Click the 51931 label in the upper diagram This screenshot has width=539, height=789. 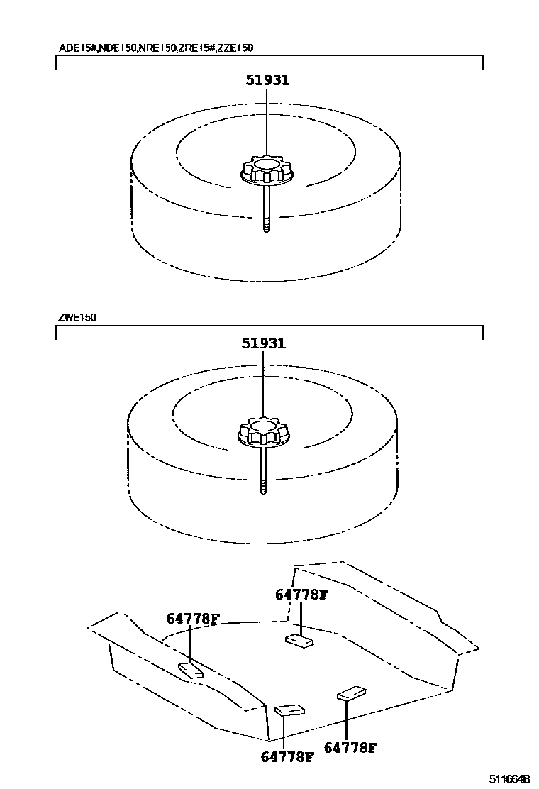[267, 80]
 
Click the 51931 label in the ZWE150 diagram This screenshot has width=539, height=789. [263, 343]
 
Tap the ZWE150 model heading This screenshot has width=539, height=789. [77, 317]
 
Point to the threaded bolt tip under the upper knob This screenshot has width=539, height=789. [267, 226]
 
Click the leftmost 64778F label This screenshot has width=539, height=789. [192, 619]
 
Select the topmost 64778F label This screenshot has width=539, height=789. [301, 595]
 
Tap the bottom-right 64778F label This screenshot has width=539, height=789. [350, 747]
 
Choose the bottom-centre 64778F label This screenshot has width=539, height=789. [287, 757]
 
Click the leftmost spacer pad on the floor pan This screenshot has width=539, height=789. [190, 670]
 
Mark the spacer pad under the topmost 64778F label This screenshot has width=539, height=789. [299, 641]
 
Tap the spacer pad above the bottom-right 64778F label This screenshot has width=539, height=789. [352, 693]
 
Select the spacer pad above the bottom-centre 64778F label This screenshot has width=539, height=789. [288, 710]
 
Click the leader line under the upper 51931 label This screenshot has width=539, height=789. [267, 121]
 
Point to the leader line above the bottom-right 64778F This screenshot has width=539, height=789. [346, 720]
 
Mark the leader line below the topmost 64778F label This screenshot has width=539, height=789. [301, 617]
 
